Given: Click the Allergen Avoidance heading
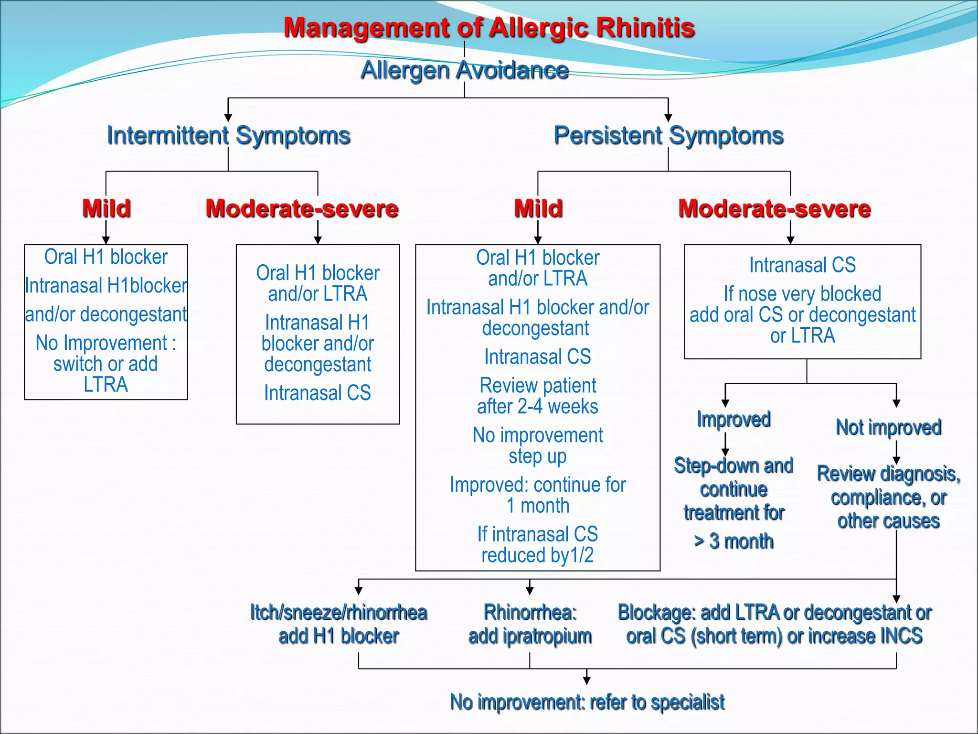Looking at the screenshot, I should [464, 70].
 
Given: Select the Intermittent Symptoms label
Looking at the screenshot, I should [228, 135].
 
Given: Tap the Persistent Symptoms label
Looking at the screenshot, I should [668, 135].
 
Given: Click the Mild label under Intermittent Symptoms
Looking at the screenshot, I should [106, 208].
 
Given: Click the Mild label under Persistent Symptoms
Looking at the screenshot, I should [538, 208].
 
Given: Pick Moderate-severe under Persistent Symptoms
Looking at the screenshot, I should [775, 208].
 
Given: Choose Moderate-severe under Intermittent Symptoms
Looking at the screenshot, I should [302, 208].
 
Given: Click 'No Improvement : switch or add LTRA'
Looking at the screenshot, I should [106, 364].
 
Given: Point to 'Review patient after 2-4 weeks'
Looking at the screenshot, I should [537, 396].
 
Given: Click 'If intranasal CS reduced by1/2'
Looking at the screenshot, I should [537, 545].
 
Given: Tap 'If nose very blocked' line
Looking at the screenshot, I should [802, 294].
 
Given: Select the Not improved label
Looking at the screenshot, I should [888, 427].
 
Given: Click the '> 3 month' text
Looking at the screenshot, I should [733, 541].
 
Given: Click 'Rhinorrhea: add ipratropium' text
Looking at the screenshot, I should [530, 624].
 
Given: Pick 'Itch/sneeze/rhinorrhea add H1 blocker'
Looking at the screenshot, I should [339, 624].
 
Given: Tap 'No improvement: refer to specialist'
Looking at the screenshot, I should [587, 702].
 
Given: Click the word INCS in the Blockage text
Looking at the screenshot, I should [901, 636].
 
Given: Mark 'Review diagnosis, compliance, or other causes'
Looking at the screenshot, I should [888, 497].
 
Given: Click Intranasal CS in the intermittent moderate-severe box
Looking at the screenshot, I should [318, 393].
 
